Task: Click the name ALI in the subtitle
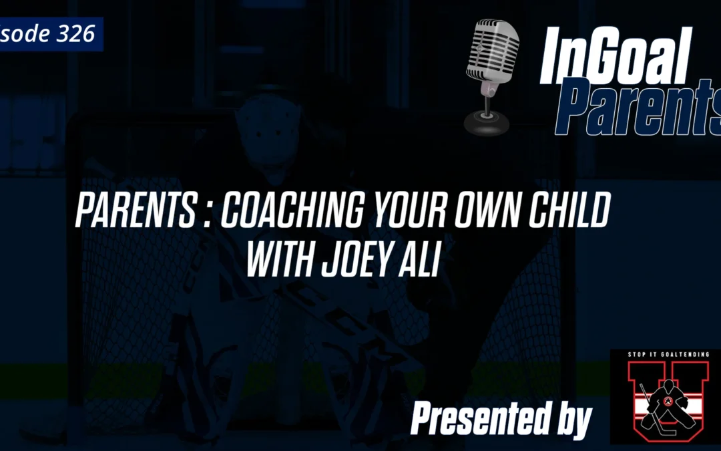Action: (425, 261)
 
